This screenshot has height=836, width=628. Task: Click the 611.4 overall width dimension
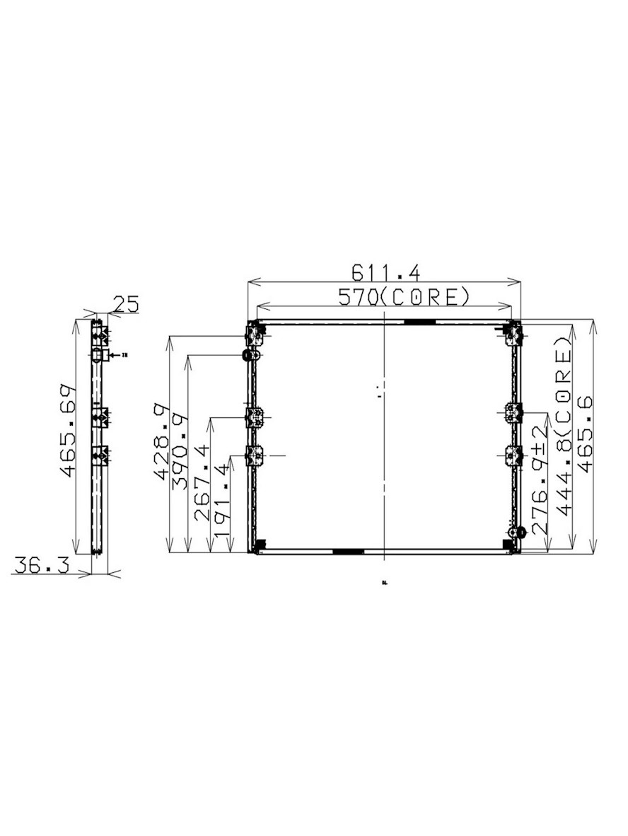[x=385, y=272]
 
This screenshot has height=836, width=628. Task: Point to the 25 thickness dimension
[x=125, y=304]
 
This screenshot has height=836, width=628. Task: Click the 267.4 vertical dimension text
[x=202, y=482]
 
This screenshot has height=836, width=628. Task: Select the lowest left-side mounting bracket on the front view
[x=253, y=456]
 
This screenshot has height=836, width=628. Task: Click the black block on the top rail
[x=419, y=323]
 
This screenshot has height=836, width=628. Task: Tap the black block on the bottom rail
[x=348, y=550]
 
